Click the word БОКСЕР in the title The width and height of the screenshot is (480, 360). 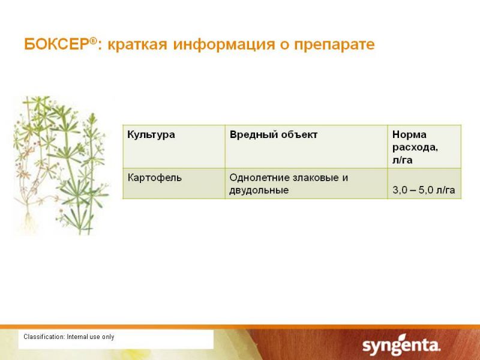pos(57,44)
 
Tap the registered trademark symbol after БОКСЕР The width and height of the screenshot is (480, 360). pos(94,40)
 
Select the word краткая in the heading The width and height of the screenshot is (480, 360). pos(137,44)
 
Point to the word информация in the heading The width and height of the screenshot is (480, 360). pos(224,44)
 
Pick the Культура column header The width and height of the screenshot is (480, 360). pos(151,134)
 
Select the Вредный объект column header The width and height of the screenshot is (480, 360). pos(274,134)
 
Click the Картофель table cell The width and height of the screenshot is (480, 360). pos(155,178)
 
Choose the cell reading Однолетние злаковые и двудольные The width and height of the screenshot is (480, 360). pos(289,184)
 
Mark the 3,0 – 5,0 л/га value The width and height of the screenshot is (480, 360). pos(424,190)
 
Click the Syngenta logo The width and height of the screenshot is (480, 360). pos(401,345)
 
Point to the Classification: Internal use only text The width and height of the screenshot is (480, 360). pos(69,337)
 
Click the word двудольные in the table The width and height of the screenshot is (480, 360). pos(259,190)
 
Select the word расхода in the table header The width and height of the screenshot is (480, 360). pos(415,148)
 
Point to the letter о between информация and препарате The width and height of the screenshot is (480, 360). pos(284,46)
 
